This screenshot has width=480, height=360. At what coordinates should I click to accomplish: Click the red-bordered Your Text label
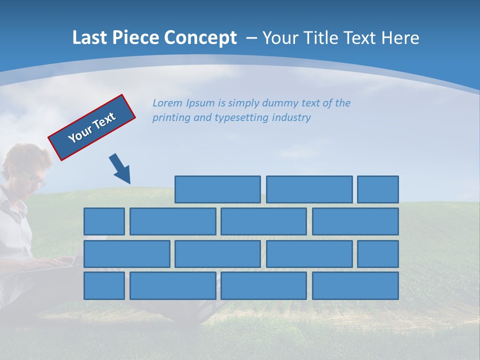pyautogui.click(x=92, y=127)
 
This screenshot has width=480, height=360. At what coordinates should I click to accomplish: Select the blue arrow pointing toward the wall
pyautogui.click(x=120, y=168)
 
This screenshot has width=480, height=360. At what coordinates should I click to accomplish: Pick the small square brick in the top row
pyautogui.click(x=378, y=189)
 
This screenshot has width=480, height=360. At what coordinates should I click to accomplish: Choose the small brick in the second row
pyautogui.click(x=104, y=221)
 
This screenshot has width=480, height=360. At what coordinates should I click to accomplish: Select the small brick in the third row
pyautogui.click(x=378, y=254)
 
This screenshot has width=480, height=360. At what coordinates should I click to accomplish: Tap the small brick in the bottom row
pyautogui.click(x=104, y=286)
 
